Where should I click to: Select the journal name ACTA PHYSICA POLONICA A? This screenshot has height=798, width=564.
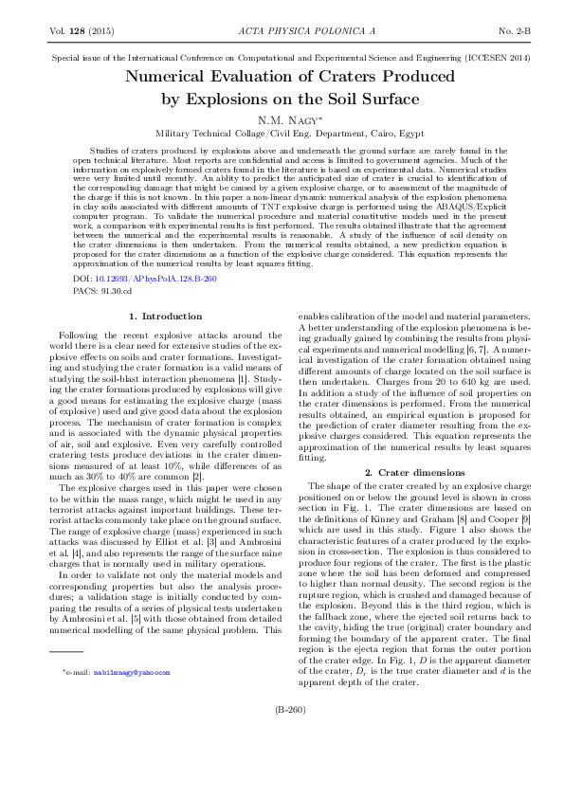click(282, 31)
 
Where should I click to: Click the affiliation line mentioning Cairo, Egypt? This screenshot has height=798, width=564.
click(282, 134)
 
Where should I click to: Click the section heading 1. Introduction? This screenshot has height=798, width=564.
click(165, 316)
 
